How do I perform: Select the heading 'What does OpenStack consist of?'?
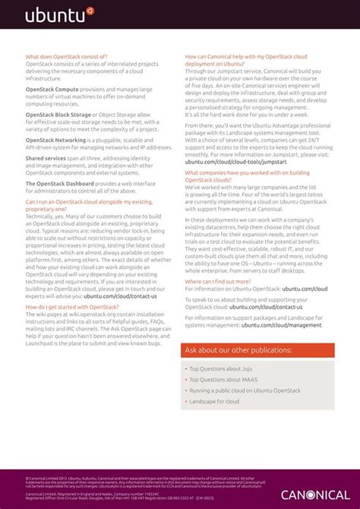(67, 56)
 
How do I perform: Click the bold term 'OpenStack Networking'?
(55, 140)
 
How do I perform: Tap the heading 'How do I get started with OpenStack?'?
(72, 306)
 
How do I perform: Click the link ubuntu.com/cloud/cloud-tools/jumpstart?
(235, 162)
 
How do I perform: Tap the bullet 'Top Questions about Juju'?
(221, 368)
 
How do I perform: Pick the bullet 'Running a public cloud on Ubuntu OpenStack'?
(245, 390)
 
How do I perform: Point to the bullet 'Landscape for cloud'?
(214, 401)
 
